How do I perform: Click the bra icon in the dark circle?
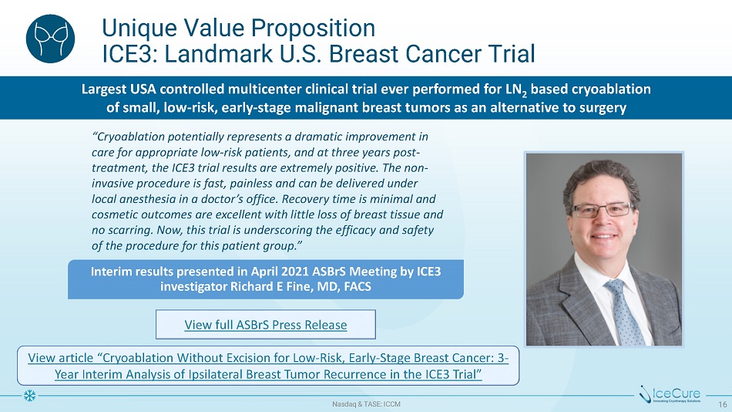click(50, 39)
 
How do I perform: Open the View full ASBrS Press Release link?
click(266, 325)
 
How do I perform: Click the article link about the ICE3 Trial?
click(268, 366)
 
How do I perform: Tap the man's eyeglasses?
click(602, 210)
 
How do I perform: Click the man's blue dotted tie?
click(624, 312)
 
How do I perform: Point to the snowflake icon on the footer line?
click(29, 396)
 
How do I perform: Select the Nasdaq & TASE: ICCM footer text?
click(366, 404)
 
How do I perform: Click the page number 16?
click(723, 404)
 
